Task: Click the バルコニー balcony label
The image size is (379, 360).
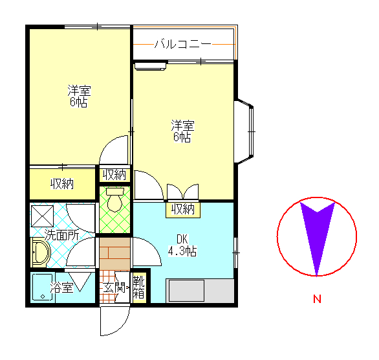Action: [183, 44]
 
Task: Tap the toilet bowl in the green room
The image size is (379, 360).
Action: [115, 199]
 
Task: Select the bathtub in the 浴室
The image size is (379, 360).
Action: [43, 287]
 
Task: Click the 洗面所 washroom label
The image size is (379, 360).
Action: [62, 234]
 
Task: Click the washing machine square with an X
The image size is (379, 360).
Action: [43, 216]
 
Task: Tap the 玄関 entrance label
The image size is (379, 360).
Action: [114, 287]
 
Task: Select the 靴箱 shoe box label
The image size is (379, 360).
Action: [139, 287]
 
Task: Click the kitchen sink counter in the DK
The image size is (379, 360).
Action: [200, 291]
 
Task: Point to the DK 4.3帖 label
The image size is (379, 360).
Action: [182, 245]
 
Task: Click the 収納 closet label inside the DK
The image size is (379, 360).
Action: [183, 209]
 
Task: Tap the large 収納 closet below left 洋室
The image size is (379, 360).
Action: [62, 184]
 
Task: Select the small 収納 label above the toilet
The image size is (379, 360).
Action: [114, 174]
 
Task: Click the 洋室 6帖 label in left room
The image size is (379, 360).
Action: [79, 96]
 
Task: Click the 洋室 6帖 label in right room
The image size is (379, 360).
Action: [182, 131]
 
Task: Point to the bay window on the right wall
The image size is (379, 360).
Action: [244, 131]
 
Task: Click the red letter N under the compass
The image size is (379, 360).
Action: [317, 299]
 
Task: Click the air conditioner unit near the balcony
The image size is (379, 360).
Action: [151, 66]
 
